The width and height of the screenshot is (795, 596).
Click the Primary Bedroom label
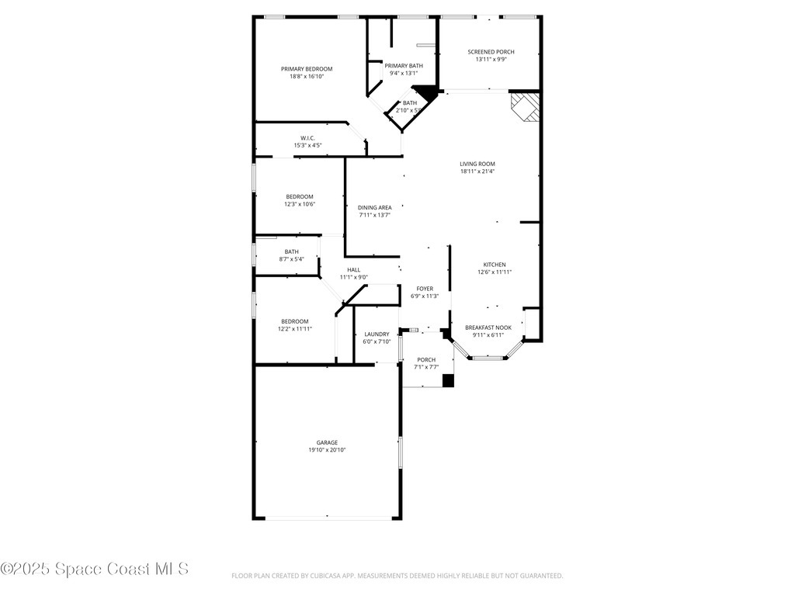point(307,69)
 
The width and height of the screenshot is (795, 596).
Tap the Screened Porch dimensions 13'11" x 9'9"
point(491,59)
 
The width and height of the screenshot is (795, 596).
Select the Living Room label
point(477,164)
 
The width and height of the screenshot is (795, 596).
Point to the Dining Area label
point(375,207)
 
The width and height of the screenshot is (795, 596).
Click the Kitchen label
point(495,265)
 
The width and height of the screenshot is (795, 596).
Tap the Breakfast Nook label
point(488,327)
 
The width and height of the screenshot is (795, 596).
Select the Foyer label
point(425,289)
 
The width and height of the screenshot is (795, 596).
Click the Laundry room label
point(377,334)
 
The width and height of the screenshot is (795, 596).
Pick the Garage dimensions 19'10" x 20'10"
point(327,450)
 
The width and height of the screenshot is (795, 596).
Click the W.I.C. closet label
point(307,138)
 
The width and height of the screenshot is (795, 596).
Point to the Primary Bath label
point(404,65)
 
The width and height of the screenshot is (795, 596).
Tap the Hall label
point(354,269)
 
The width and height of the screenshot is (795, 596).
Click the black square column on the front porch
point(448,380)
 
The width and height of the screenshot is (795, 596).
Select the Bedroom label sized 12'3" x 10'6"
point(300,196)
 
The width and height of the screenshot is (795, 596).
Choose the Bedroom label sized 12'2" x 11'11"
point(294,321)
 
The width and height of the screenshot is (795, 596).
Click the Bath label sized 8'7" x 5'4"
point(292,251)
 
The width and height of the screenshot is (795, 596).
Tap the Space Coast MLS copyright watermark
point(94,569)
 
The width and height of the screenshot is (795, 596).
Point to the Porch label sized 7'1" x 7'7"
point(426,360)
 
